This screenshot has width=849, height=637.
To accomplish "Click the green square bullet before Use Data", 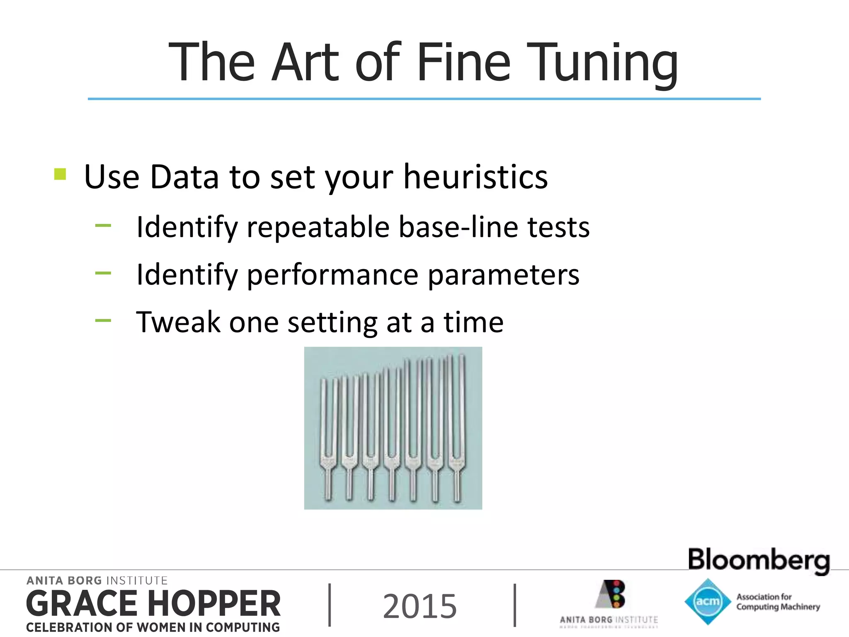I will click(60, 174).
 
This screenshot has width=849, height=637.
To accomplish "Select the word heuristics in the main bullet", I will click(475, 177).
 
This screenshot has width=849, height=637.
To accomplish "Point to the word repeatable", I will click(318, 227).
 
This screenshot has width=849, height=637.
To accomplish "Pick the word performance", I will click(332, 275).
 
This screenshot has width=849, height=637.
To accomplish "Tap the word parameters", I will click(503, 275).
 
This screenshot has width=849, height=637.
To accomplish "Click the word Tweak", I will click(178, 322).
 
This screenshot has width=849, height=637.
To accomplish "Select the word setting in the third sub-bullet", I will click(332, 323).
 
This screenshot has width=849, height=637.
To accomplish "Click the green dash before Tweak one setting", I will click(103, 320).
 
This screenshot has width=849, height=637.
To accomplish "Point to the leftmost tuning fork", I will click(329, 440).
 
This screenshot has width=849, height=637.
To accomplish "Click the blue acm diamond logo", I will click(707, 601).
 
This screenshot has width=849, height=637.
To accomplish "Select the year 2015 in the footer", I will click(420, 606).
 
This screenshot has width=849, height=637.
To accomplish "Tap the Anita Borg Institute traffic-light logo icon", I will click(611, 594).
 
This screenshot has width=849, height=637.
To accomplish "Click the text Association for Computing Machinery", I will click(778, 602).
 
